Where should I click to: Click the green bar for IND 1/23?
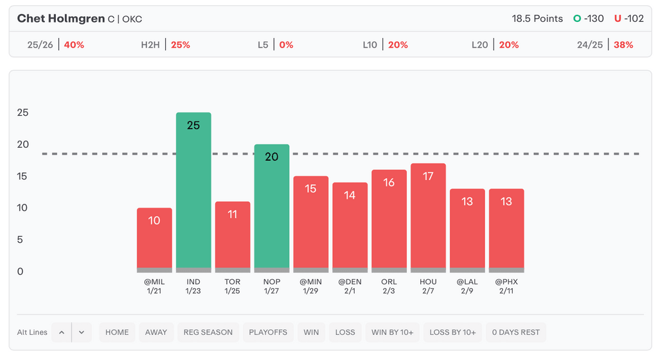coord(193,193)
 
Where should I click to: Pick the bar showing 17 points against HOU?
coord(428,219)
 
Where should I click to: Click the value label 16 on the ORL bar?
coord(389,183)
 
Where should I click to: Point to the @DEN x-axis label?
coord(350,282)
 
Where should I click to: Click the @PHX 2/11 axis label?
coord(506,286)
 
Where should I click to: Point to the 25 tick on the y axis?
coord(23,113)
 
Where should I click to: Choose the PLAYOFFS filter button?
coord(267,332)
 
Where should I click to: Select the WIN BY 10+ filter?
coord(392,332)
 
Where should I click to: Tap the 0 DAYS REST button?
coord(515,332)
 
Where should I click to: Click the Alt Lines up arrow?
coord(62,332)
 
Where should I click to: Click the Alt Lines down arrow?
coord(82,332)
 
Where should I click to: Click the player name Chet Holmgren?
coord(61,19)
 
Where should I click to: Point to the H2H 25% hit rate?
coord(181,45)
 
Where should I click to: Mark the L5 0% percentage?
coord(286,45)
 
